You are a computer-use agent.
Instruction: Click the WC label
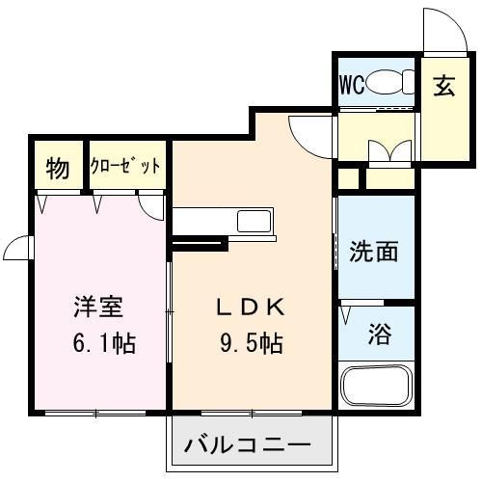tap(350, 84)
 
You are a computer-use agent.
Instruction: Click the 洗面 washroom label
tap(374, 252)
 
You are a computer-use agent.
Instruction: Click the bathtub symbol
tap(377, 387)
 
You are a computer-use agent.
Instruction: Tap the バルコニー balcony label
tap(248, 446)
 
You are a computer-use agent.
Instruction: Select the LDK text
tap(249, 308)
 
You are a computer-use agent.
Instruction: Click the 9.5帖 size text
tap(249, 341)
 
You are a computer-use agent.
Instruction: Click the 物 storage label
tap(58, 170)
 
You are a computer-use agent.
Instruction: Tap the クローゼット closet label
tap(125, 167)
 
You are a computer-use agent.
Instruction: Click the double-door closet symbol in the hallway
tap(390, 150)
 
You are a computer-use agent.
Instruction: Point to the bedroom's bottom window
tap(96, 413)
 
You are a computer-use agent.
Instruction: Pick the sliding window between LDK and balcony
tap(253, 414)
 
